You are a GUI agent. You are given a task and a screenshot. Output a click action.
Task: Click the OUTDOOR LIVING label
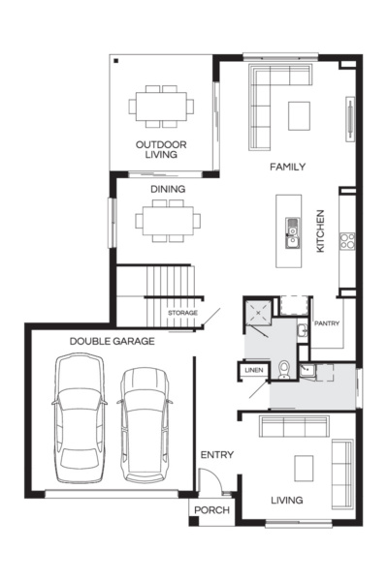pos(161,150)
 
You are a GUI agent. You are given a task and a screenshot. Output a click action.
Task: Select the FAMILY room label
pos(288,167)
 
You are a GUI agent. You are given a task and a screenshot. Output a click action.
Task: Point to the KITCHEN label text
pos(320,232)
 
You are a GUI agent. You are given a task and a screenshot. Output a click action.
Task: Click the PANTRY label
pos(325,323)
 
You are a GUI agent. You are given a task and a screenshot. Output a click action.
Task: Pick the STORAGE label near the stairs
pos(182,314)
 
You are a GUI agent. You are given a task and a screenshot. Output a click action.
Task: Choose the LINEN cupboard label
pos(253,370)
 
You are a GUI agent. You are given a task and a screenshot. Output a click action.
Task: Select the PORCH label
pos(210,510)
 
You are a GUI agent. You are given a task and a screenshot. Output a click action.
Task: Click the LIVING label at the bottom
pos(287,501)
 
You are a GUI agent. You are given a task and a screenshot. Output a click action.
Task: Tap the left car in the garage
pos(79,419)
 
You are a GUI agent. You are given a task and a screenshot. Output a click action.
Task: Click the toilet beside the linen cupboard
pos(283,370)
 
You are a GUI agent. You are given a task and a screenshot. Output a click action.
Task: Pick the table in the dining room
pos(169,221)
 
